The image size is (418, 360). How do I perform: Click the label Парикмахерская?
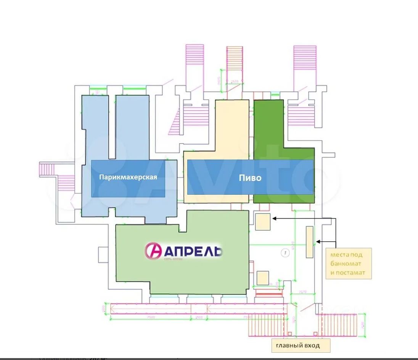tap(128, 177)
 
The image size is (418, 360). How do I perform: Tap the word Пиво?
tap(250, 178)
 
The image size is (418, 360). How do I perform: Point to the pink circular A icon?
tap(153, 251)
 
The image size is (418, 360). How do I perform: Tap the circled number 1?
tap(284, 252)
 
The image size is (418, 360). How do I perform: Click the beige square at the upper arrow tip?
tap(263, 222)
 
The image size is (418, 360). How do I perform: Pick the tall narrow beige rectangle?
tap(309, 242)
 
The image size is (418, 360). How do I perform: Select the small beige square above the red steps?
tap(262, 278)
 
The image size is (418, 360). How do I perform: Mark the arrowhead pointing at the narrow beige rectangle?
tap(318, 241)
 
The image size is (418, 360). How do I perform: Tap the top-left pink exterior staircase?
tap(195, 61)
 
